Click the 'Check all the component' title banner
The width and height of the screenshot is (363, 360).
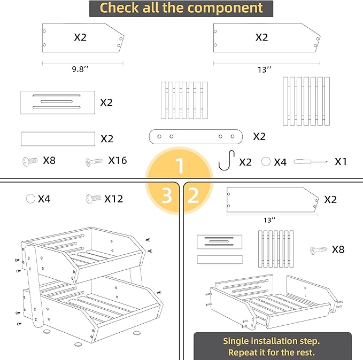181,9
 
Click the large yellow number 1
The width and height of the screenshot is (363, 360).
180,166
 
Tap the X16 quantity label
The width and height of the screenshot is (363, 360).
118,160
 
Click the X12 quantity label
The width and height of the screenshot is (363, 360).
113,199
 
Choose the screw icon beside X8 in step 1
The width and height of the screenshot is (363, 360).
31,160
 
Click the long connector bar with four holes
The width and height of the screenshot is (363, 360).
195,137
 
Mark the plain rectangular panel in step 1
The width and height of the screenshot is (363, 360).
58,139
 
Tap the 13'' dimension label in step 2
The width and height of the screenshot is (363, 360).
269,219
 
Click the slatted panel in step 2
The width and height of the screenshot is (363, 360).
275,248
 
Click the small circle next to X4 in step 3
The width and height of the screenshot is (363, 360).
30,199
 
